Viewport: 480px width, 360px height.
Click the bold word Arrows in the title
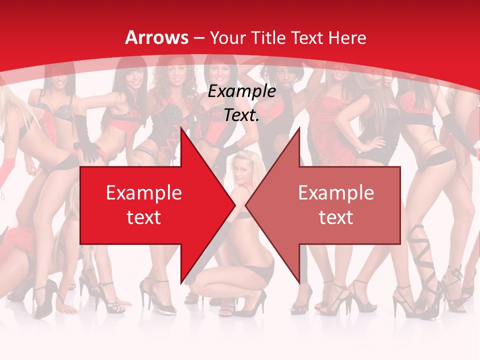(157, 37)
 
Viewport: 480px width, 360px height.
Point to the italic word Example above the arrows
(241, 91)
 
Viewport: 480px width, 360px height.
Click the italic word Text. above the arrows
(241, 115)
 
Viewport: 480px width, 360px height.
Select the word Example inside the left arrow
(144, 193)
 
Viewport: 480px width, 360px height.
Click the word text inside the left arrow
(144, 217)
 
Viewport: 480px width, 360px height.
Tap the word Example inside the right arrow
(336, 193)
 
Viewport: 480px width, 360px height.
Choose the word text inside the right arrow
(336, 217)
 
